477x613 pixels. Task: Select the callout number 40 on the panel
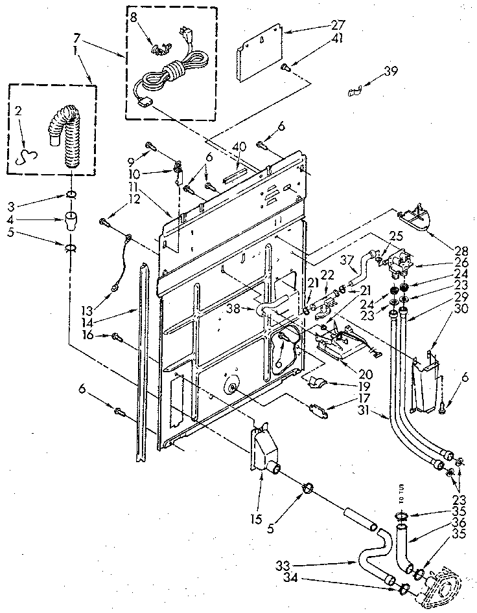coord(240,146)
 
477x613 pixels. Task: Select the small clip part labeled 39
coord(353,93)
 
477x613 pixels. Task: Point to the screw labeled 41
coord(285,66)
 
